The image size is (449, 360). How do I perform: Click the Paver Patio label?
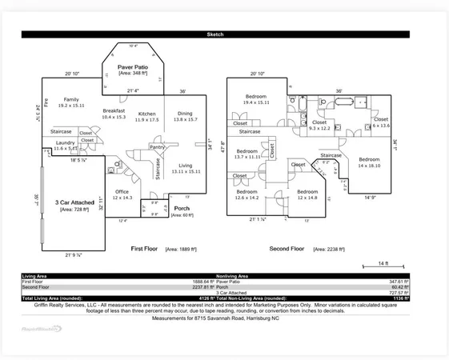pos(134,67)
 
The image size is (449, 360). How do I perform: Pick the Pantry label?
pos(158,147)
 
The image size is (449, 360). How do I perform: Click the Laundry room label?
pos(66,145)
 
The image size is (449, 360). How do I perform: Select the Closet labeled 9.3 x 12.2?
pos(319,125)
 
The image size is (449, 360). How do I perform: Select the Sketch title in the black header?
pos(215,34)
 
